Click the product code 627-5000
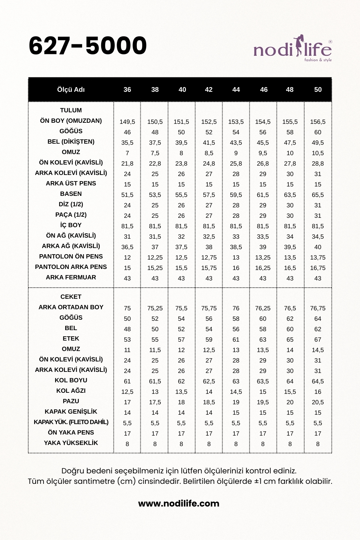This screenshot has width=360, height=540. [87, 46]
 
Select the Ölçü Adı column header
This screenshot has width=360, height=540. [71, 90]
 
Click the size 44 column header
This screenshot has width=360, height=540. [236, 90]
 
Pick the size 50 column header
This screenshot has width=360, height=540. [318, 90]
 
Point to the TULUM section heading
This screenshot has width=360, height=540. [71, 110]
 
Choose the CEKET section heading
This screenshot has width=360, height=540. [71, 297]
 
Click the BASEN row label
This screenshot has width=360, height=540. [71, 194]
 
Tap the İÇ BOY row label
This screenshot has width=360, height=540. [71, 225]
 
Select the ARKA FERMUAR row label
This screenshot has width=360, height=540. [71, 277]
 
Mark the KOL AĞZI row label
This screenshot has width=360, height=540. [71, 391]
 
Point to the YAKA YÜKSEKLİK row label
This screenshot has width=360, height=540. [71, 443]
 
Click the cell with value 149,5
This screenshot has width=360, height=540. [127, 122]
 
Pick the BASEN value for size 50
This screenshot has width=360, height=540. [318, 195]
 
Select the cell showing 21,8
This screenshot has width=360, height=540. [127, 164]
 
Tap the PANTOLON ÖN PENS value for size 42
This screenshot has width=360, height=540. [209, 258]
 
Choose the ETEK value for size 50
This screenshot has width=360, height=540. [318, 340]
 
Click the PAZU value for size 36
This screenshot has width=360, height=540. [127, 402]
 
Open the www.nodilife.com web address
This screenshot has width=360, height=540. [179, 504]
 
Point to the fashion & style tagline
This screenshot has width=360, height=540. [318, 60]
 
